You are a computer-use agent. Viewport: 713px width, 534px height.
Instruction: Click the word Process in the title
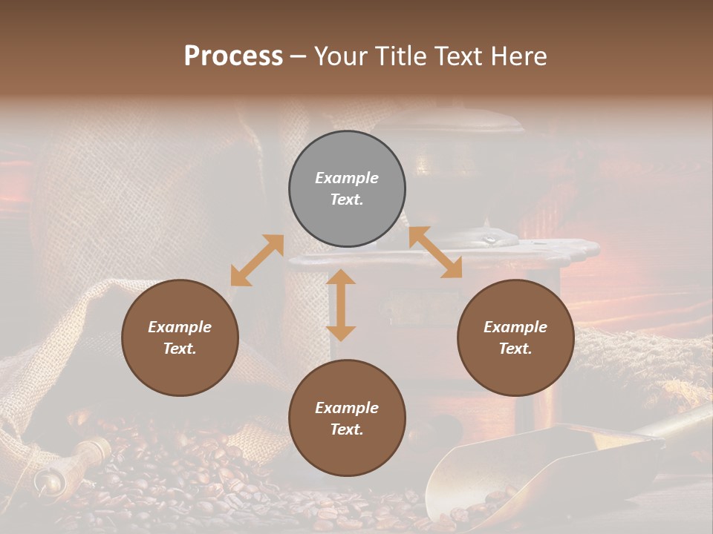tap(233, 56)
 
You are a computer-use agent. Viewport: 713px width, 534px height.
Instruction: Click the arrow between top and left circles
tap(257, 260)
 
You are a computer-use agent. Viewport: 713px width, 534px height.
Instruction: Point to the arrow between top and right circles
tap(435, 252)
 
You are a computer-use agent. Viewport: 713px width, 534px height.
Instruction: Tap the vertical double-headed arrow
tap(341, 305)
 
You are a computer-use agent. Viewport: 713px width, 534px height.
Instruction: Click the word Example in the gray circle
tap(347, 178)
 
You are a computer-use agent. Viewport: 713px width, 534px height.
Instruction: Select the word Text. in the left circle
tap(180, 349)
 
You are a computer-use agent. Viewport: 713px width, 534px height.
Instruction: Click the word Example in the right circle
tap(515, 327)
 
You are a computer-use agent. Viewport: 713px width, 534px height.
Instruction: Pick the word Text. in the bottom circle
tap(347, 429)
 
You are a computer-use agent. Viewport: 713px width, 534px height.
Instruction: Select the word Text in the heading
tap(453, 56)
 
